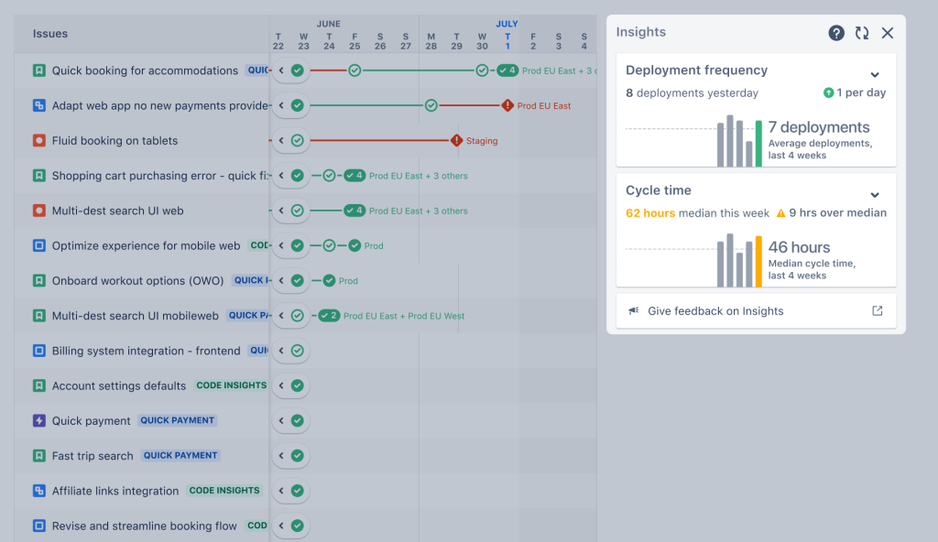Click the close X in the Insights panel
pyautogui.click(x=887, y=33)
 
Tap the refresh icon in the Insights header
pyautogui.click(x=862, y=33)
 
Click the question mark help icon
pyautogui.click(x=836, y=33)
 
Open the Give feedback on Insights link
pyautogui.click(x=715, y=311)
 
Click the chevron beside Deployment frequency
pyautogui.click(x=875, y=75)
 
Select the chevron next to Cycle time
pyautogui.click(x=875, y=195)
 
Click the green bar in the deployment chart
pyautogui.click(x=758, y=144)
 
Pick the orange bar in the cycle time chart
pyautogui.click(x=758, y=262)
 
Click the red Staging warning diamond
pyautogui.click(x=456, y=141)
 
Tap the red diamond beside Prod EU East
pyautogui.click(x=507, y=106)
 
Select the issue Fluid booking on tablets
pyautogui.click(x=115, y=141)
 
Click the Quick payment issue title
pyautogui.click(x=91, y=421)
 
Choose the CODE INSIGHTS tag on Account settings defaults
pyautogui.click(x=231, y=385)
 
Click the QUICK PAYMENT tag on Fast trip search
pyautogui.click(x=180, y=456)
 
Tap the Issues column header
pyautogui.click(x=50, y=34)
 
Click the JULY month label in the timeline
pyautogui.click(x=507, y=24)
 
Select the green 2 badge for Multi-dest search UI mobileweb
pyautogui.click(x=329, y=316)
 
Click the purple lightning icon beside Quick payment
pyautogui.click(x=39, y=421)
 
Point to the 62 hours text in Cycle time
pyautogui.click(x=650, y=213)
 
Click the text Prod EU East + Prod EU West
pyautogui.click(x=404, y=316)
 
